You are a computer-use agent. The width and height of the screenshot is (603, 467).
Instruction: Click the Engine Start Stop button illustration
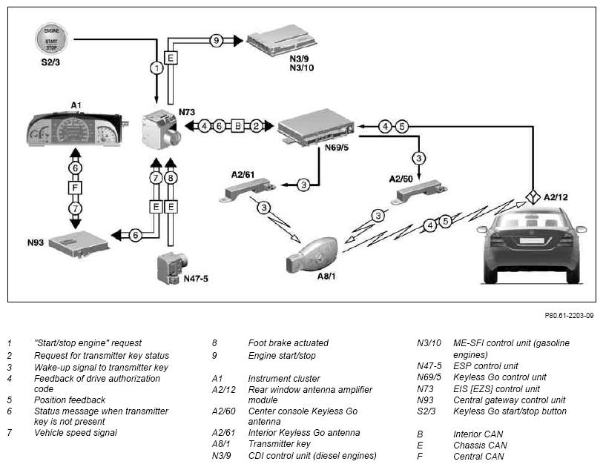point(51,39)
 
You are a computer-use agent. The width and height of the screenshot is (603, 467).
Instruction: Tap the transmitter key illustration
point(312,256)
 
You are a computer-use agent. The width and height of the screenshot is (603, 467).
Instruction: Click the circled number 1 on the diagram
point(156,68)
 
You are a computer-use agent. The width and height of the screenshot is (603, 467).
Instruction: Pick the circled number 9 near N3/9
point(217,40)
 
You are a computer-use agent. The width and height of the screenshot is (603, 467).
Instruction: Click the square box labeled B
point(238,126)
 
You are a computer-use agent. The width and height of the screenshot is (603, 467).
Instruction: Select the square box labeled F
point(76,188)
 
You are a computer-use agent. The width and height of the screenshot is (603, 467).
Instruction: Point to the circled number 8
point(171,178)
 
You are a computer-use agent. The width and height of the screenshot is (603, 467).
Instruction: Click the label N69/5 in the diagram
point(337,148)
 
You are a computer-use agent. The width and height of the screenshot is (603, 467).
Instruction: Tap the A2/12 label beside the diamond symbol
point(556,197)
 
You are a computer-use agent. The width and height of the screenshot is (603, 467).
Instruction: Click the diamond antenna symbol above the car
point(533,197)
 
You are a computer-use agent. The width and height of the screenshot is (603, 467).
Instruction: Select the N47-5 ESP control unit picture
point(171,268)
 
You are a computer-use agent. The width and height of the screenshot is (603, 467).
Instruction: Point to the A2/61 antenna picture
point(248,189)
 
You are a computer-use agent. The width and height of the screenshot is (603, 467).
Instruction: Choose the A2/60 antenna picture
point(419,192)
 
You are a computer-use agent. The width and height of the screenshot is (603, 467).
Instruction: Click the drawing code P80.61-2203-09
point(569,316)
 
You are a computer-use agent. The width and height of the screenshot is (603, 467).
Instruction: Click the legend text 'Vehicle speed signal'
point(76,433)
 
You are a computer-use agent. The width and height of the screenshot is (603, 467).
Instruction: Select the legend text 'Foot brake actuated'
point(288,343)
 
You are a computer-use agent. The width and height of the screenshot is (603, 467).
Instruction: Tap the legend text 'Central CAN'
point(478,457)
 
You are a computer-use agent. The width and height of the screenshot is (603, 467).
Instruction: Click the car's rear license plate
point(532,241)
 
